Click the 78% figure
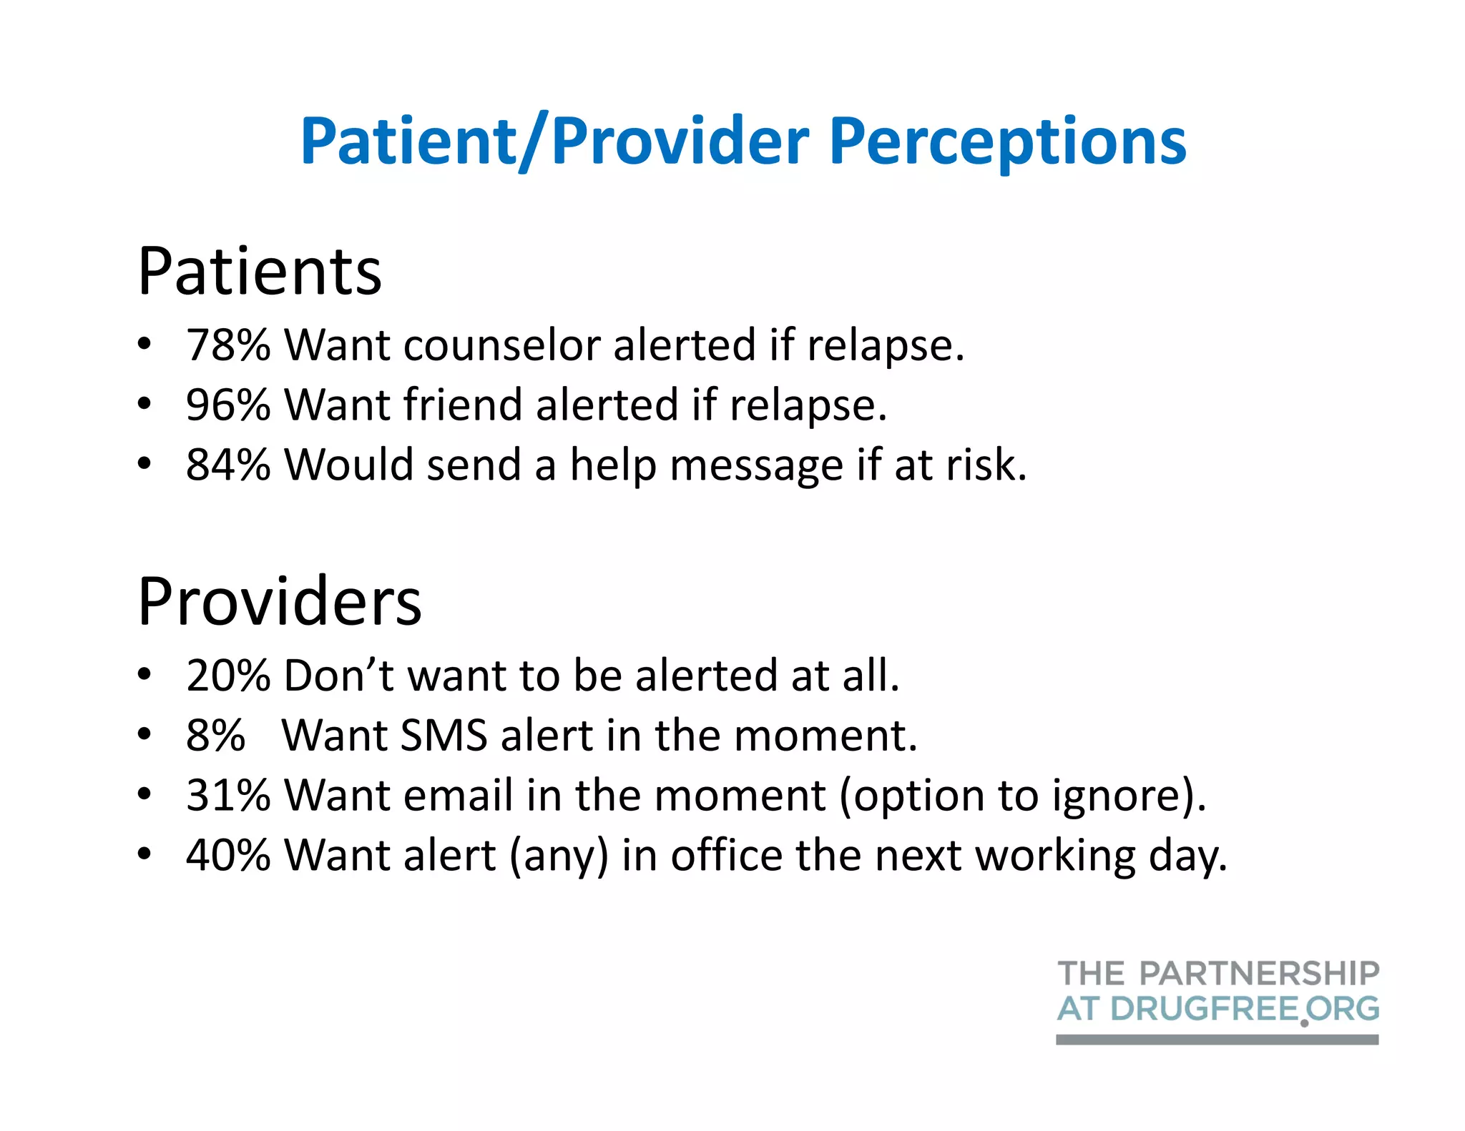228,345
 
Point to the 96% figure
228,405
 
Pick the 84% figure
228,465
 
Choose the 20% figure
228,675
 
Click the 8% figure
215,735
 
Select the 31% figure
228,795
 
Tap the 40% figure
228,855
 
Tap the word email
458,795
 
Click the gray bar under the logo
1217,1039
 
